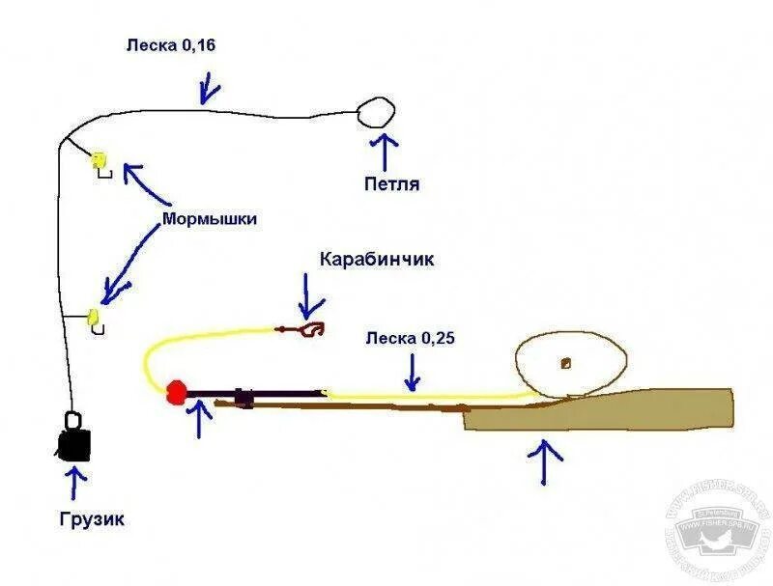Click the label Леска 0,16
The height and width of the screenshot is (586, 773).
tap(169, 45)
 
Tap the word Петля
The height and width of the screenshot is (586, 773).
tap(391, 183)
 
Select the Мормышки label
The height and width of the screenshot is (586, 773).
tap(210, 219)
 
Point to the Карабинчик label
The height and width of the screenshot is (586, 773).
tap(378, 260)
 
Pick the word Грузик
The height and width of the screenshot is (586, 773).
tap(90, 520)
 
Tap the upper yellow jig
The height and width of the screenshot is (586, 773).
tap(98, 160)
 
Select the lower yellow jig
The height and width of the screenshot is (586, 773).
tap(95, 316)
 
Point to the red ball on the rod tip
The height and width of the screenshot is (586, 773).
tap(176, 391)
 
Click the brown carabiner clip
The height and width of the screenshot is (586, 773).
tap(308, 329)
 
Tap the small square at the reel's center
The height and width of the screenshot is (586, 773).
tap(565, 364)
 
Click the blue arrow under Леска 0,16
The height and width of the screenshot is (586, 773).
tap(208, 90)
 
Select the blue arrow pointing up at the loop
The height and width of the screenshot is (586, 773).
tap(386, 151)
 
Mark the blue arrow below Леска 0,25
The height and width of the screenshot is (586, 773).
tap(415, 372)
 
